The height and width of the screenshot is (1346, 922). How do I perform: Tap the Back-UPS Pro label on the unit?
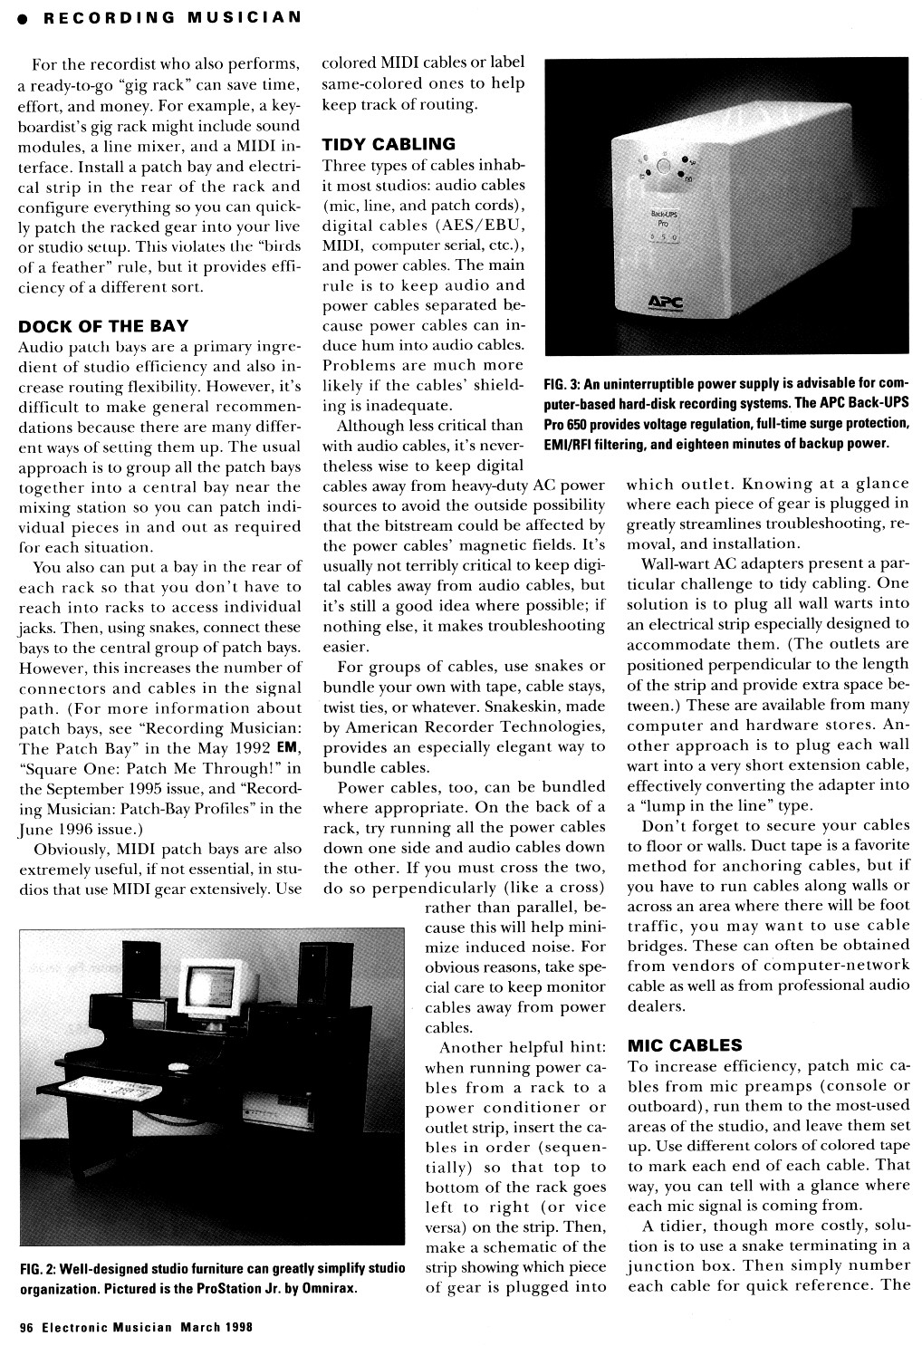(x=667, y=217)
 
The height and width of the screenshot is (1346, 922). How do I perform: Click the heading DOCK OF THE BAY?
(x=103, y=326)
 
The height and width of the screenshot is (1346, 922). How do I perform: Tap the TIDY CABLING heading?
(x=389, y=144)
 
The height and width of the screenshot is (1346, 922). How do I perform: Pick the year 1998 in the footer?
(x=235, y=1328)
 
